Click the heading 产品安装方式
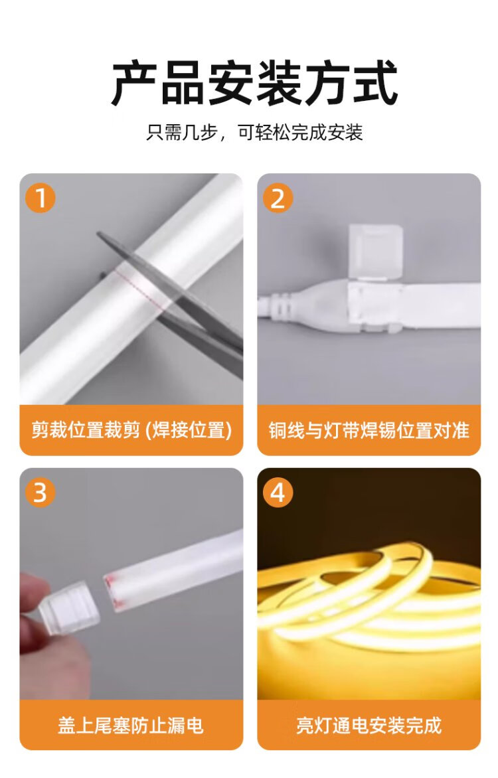(x=254, y=83)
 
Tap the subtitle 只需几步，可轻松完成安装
(x=254, y=133)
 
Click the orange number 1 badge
(x=41, y=198)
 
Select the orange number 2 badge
(x=278, y=198)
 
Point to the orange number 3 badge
(x=41, y=493)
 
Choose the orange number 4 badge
(x=278, y=493)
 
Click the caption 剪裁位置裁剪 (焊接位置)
(x=131, y=429)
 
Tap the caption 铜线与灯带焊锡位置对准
(x=369, y=429)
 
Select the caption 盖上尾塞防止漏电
(x=131, y=725)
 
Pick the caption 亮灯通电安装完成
(x=369, y=725)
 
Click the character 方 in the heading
(x=327, y=83)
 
